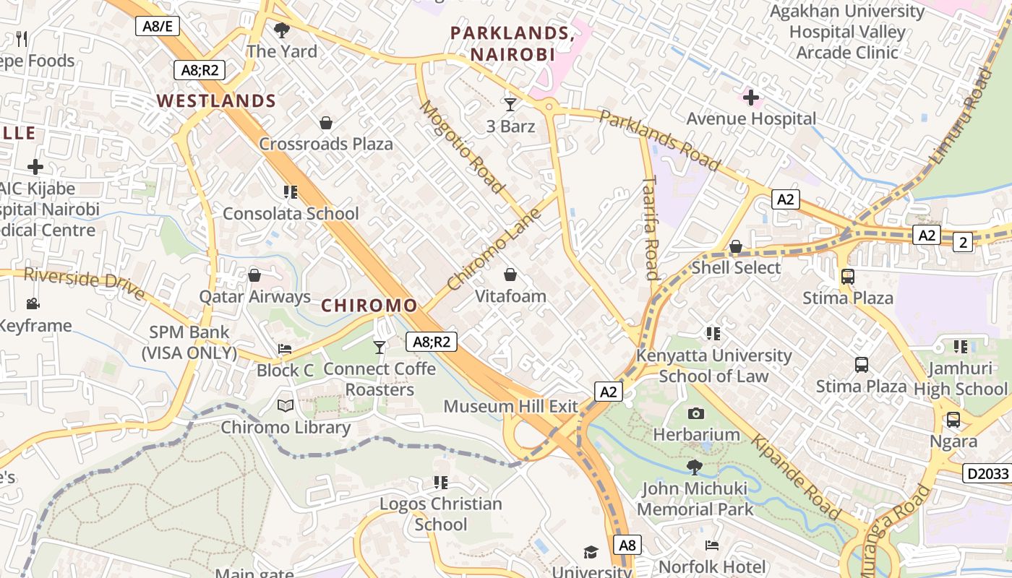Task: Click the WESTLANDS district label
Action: pyautogui.click(x=217, y=100)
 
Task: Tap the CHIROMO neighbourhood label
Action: pyautogui.click(x=369, y=305)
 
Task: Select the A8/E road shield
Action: pyautogui.click(x=157, y=27)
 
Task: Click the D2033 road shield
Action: pyautogui.click(x=986, y=473)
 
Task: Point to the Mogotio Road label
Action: pyautogui.click(x=462, y=147)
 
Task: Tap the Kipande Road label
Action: pyautogui.click(x=796, y=477)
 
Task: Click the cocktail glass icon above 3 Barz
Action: pyautogui.click(x=510, y=105)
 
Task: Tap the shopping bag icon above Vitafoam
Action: pyautogui.click(x=510, y=275)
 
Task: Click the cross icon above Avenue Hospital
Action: pyautogui.click(x=751, y=97)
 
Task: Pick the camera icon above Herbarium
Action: pyautogui.click(x=696, y=413)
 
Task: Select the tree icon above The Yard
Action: pyautogui.click(x=282, y=30)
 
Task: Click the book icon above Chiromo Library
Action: pyautogui.click(x=286, y=406)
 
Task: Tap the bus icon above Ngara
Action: pyautogui.click(x=953, y=420)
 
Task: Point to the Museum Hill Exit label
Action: pyautogui.click(x=511, y=406)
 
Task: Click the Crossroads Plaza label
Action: pyautogui.click(x=326, y=144)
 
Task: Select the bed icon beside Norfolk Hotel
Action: pyautogui.click(x=712, y=545)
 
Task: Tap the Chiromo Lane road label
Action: pyautogui.click(x=494, y=249)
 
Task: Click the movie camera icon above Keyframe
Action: pyautogui.click(x=33, y=303)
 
